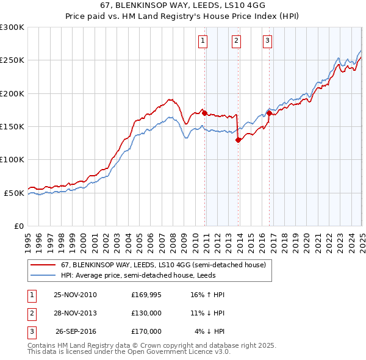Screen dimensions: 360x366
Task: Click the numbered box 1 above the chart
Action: (203, 41)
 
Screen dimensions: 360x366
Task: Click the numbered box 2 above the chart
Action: (236, 41)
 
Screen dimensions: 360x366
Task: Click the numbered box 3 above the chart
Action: (267, 41)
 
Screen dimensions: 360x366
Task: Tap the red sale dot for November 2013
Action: (238, 140)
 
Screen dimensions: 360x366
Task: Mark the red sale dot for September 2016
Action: (269, 113)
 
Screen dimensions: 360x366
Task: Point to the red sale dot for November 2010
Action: (204, 113)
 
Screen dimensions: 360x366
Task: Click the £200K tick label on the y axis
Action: (12, 93)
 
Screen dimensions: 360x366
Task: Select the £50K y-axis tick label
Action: (14, 193)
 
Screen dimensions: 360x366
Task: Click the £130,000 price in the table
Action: (146, 313)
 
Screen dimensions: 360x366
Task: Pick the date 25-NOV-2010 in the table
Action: (75, 295)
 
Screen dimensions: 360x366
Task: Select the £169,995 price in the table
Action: (146, 295)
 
